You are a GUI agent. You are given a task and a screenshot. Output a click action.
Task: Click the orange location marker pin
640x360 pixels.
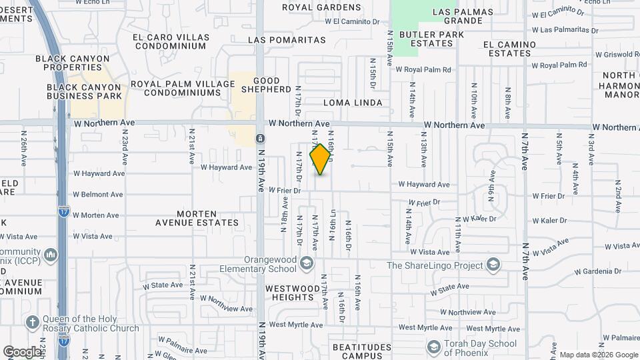click(x=321, y=159)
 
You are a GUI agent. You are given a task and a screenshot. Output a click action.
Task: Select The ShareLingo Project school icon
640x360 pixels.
click(x=493, y=265)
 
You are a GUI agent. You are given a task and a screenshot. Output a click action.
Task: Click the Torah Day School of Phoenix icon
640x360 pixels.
click(x=434, y=347)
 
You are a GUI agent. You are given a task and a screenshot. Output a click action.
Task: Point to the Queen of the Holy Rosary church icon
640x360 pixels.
click(x=31, y=323)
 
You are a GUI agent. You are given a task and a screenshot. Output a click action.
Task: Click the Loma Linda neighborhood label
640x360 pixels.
click(x=353, y=103)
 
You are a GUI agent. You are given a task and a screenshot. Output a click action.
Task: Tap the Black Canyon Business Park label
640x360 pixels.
click(x=84, y=91)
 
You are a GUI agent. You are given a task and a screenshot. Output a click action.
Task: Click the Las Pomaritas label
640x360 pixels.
click(x=287, y=40)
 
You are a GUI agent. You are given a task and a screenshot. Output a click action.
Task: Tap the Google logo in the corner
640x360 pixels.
click(x=22, y=351)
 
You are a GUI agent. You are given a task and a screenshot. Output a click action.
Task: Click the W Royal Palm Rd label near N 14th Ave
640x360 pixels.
click(x=423, y=69)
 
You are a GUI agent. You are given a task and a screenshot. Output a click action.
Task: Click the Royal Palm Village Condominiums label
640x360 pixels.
click(x=183, y=88)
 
